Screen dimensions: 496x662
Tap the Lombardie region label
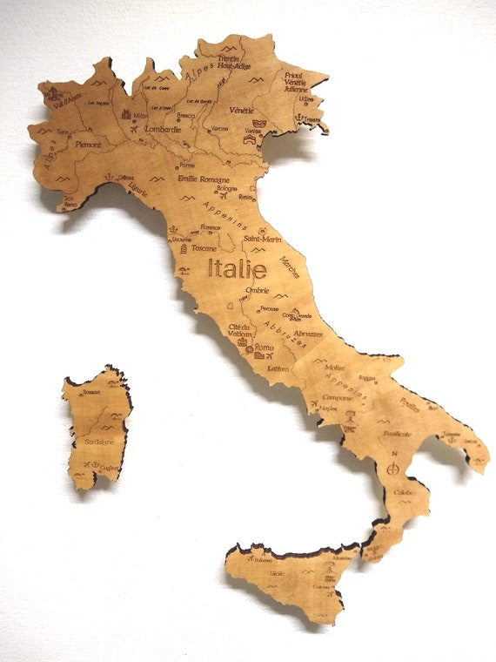coord(162,129)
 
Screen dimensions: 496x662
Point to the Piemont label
coord(89,145)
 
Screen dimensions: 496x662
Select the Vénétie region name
coord(241,111)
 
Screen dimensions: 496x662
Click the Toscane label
coord(204,247)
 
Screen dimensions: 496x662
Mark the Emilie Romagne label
coord(206,178)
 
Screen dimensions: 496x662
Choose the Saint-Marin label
coord(261,238)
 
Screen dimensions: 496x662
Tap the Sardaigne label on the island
coord(99,442)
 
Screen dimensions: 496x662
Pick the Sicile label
coord(277,574)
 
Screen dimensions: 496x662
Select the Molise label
coord(335,368)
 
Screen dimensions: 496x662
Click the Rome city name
coord(264,347)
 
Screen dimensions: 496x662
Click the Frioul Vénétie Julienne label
coord(298,82)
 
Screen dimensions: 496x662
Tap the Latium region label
coord(278,368)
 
